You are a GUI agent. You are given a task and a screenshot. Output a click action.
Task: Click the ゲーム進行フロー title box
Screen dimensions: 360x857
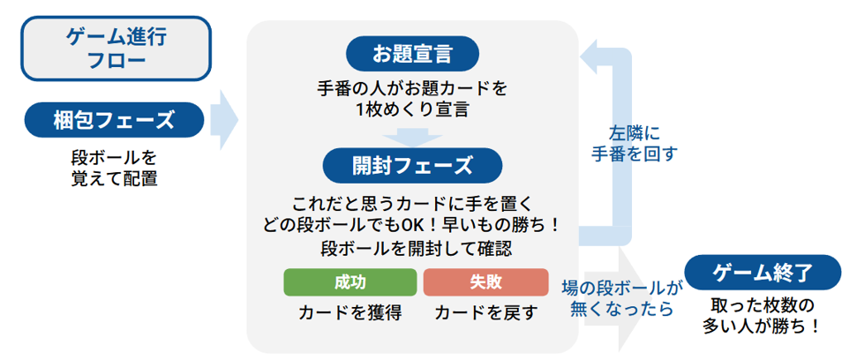pyautogui.click(x=116, y=49)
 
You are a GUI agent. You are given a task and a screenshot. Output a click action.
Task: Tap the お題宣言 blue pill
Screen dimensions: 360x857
pyautogui.click(x=412, y=54)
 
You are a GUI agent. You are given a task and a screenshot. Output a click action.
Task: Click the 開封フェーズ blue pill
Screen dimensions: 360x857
pyautogui.click(x=412, y=165)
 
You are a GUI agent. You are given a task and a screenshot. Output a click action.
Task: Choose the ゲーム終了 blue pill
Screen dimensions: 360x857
pyautogui.click(x=763, y=272)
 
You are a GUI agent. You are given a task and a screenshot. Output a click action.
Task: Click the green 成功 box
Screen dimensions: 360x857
pyautogui.click(x=350, y=282)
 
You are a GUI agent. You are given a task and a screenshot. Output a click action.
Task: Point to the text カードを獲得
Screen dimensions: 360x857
pyautogui.click(x=350, y=313)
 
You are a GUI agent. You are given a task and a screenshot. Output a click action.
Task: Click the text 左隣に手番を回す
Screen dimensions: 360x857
pyautogui.click(x=634, y=144)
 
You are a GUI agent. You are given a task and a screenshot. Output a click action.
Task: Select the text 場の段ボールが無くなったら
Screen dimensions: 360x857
pyautogui.click(x=622, y=298)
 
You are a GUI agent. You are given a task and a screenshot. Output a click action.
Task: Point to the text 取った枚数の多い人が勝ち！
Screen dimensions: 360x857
pyautogui.click(x=762, y=315)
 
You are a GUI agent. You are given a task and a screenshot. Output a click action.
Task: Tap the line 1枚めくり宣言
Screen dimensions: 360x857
pyautogui.click(x=412, y=109)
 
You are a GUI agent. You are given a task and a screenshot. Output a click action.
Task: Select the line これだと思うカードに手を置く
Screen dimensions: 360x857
pyautogui.click(x=412, y=202)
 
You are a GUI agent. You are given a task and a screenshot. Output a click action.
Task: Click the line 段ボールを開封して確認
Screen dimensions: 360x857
pyautogui.click(x=412, y=248)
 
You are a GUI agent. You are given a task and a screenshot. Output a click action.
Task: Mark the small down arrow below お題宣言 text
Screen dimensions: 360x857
pyautogui.click(x=412, y=136)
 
